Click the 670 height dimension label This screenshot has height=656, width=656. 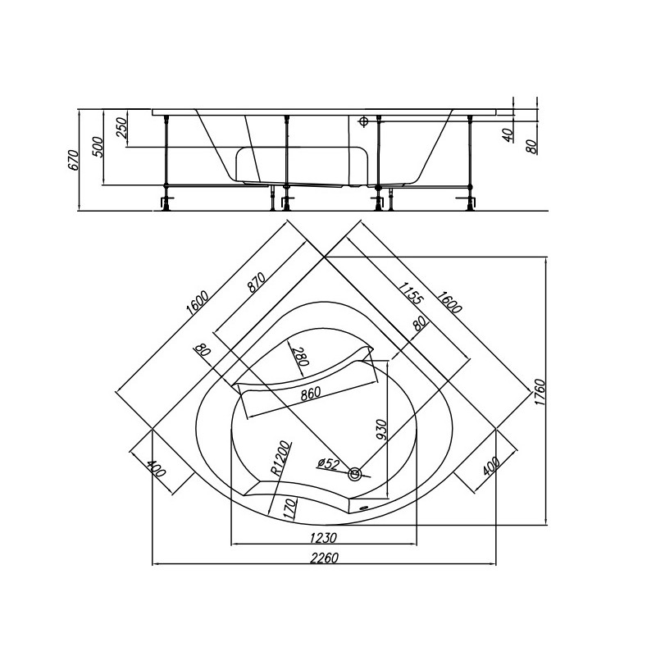pos(73,159)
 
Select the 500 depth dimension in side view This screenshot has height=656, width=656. pos(98,147)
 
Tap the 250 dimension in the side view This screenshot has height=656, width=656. pos(121,127)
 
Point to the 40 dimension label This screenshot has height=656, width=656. pos(508,134)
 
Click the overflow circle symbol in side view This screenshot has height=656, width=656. pos(363,121)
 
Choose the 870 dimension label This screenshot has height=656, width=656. pos(257,282)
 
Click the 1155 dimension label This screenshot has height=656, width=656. pos(411,294)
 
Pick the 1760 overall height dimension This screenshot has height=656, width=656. pos(540,392)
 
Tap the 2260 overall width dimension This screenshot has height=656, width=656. pos(324,558)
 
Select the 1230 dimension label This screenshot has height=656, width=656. pos(323,538)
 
